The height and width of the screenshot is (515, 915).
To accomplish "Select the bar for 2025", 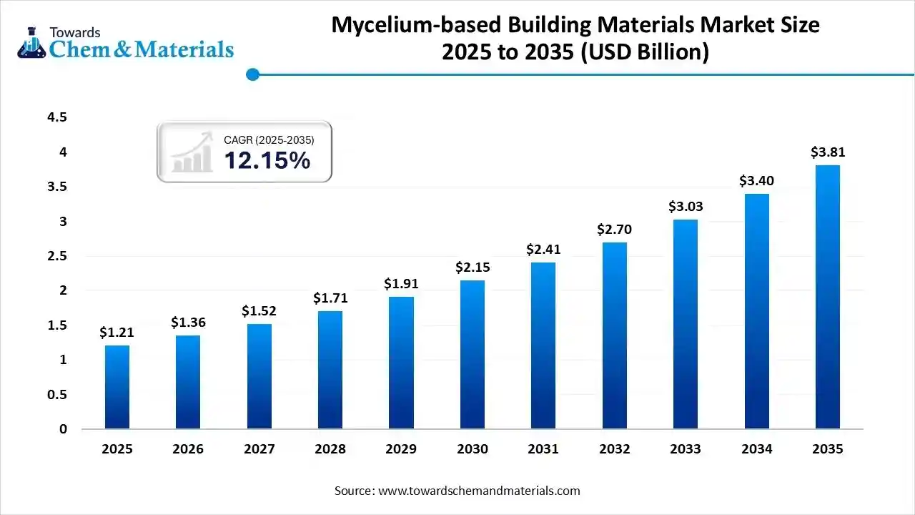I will pos(117,387).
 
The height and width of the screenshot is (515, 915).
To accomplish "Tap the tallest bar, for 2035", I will pos(828,297).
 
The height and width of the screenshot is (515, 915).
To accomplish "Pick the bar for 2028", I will pos(330,370).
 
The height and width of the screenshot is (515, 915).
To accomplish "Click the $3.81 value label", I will pos(828,152).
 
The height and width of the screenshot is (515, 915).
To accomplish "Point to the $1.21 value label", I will pos(117,333).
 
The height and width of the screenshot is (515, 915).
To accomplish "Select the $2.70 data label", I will pos(615,230).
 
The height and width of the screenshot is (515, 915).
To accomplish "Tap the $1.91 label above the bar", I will pos(401,284).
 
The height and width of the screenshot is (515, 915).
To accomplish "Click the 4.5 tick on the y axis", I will pos(56,117).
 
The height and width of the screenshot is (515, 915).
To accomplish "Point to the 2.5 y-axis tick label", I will pos(56,256).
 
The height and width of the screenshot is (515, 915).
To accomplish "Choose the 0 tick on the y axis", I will pos(63,429).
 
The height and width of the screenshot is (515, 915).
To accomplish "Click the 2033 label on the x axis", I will pos(686,449).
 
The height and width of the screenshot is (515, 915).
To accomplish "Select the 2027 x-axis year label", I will pos(259,449).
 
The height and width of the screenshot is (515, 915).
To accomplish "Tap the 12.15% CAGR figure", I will pos(267,161).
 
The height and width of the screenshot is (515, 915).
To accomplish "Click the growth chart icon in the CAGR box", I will pos(192,152).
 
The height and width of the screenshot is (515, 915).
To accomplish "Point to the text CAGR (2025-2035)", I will pos(269,140).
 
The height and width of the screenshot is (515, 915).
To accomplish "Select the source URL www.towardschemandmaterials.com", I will pos(478,491).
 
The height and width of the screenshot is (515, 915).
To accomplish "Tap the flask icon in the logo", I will pos(31,43).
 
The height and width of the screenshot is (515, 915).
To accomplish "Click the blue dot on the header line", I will pos(252,74).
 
